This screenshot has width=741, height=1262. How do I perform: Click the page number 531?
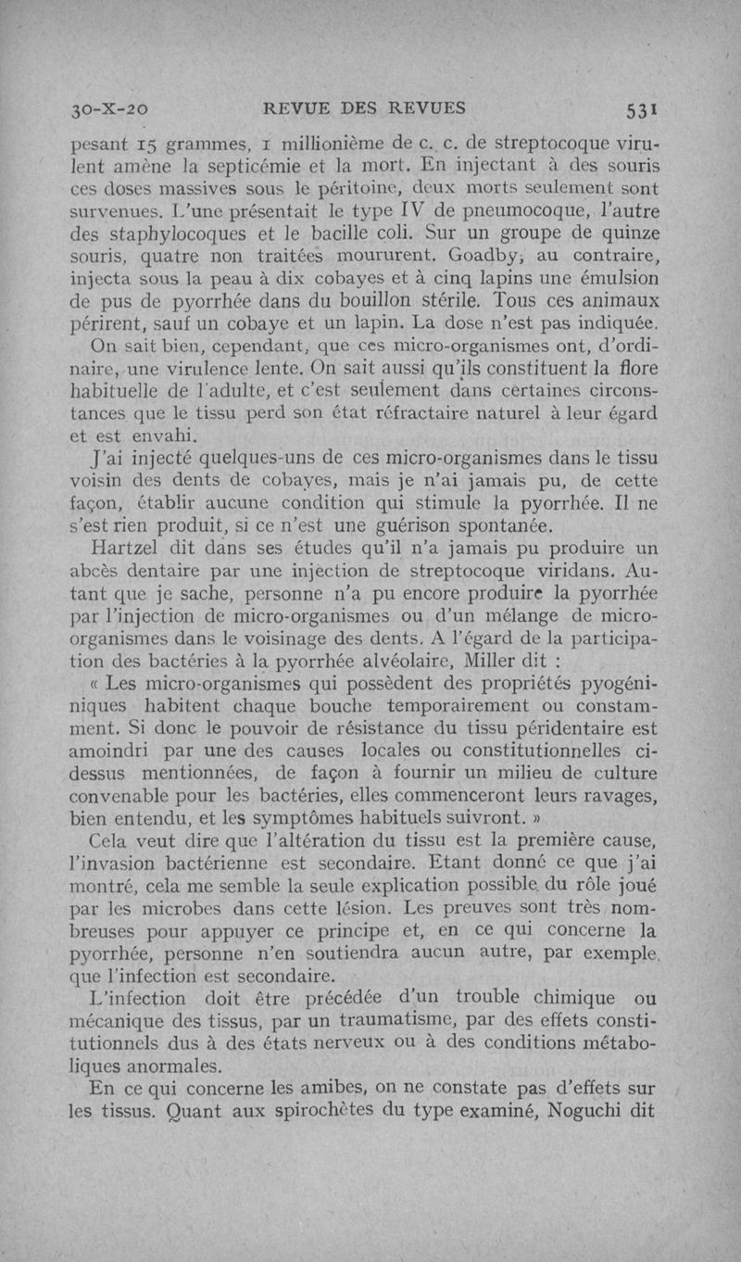coord(640,107)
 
